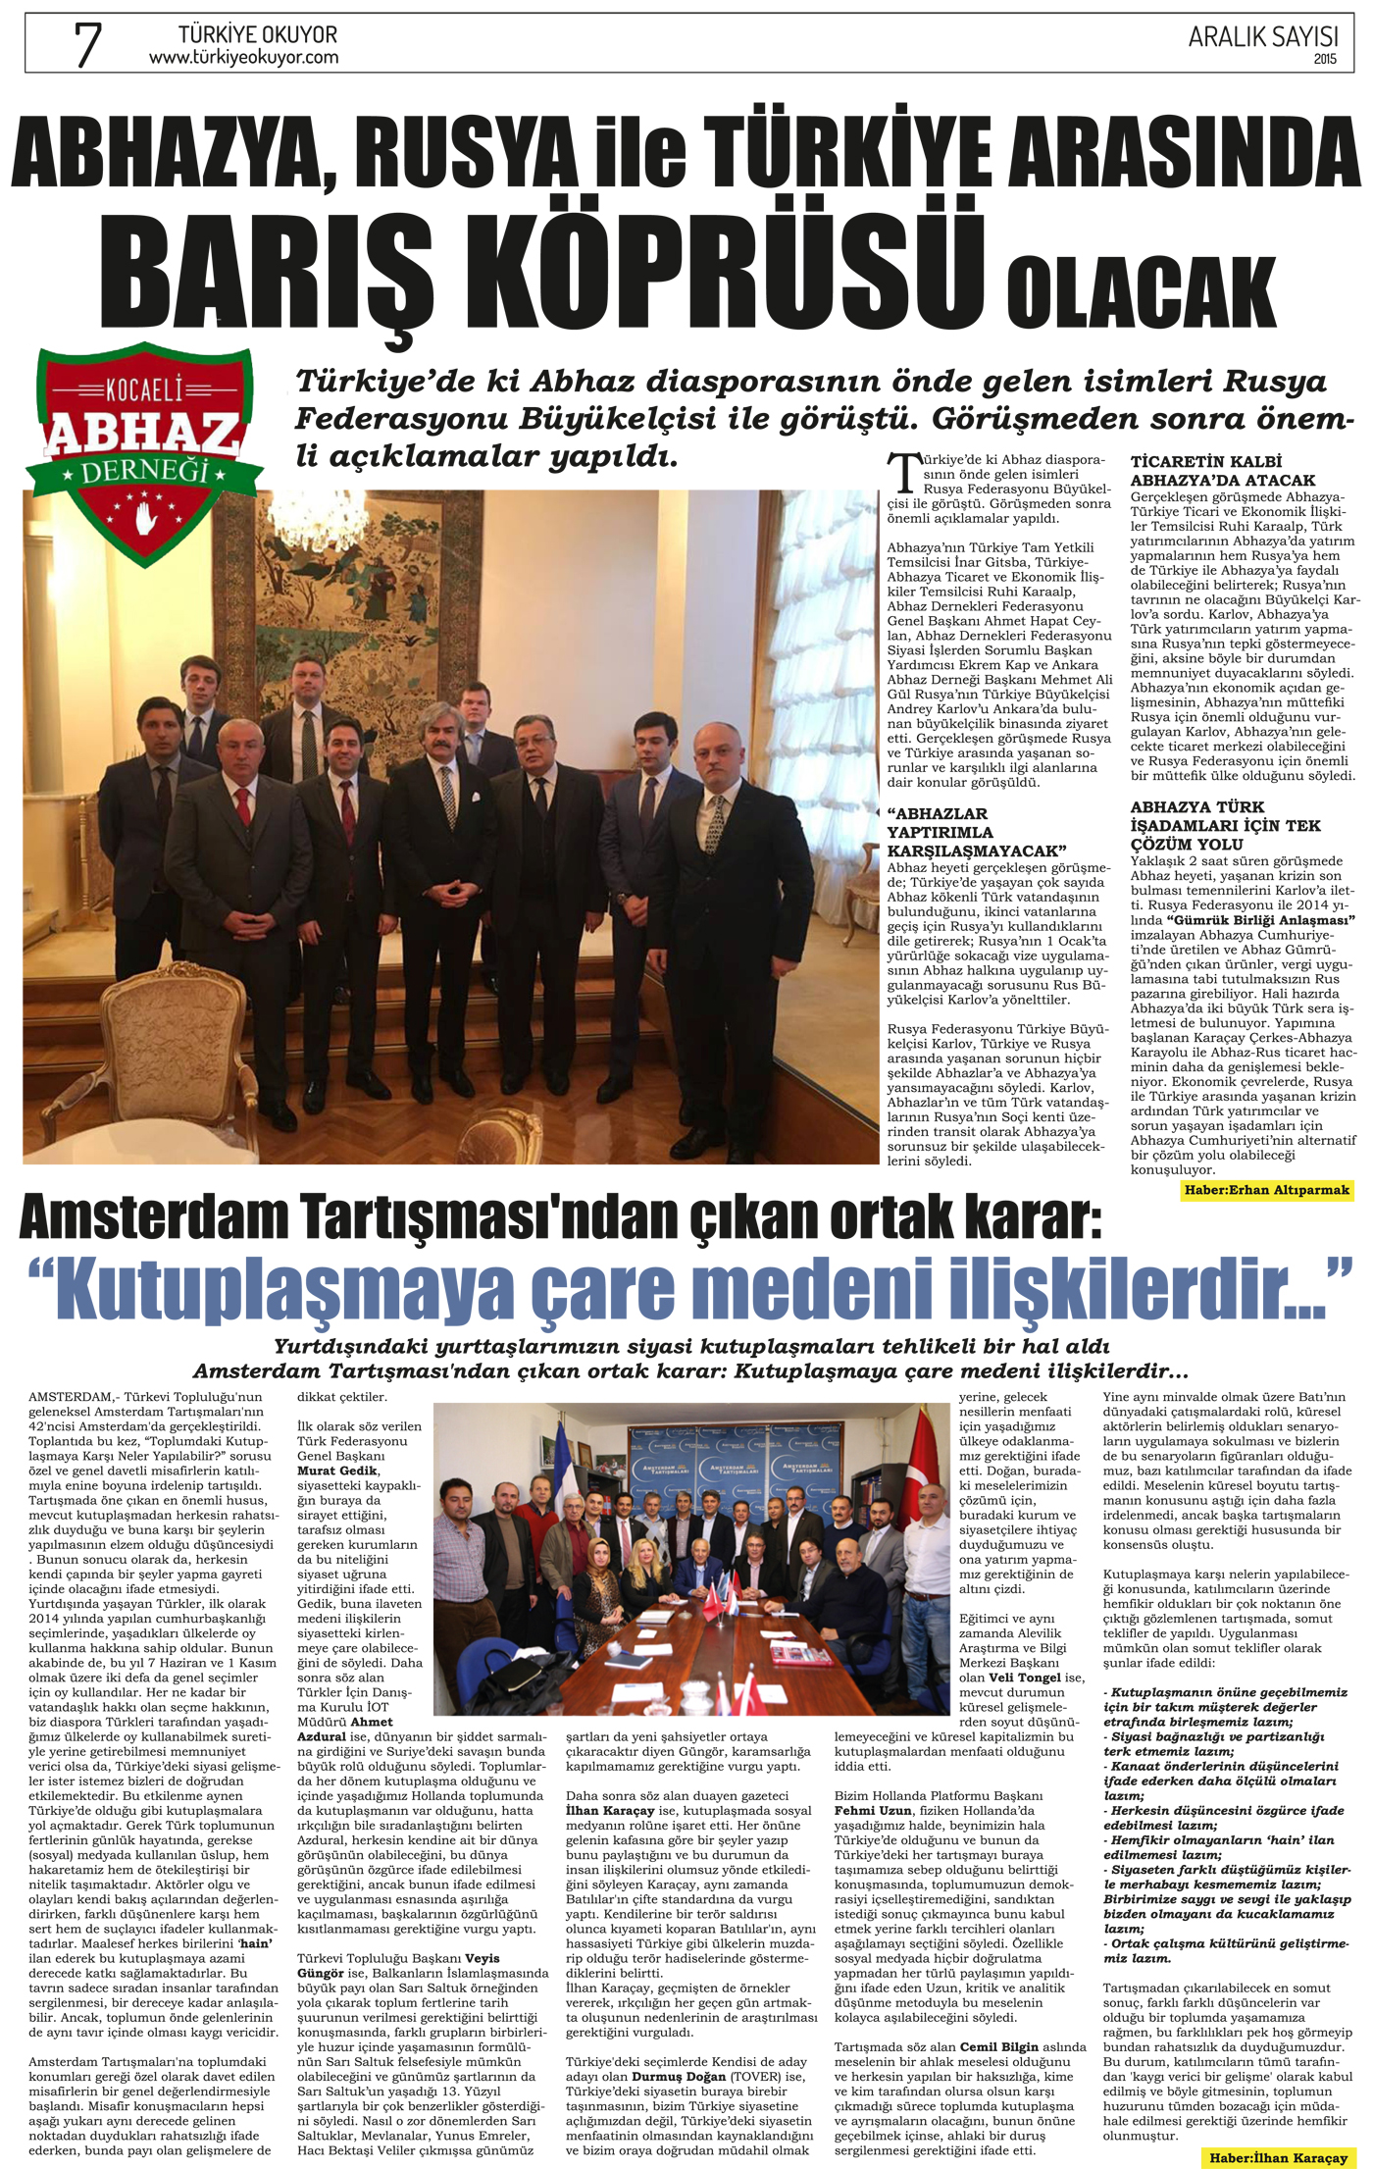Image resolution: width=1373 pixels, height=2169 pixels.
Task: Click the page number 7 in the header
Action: [x=88, y=44]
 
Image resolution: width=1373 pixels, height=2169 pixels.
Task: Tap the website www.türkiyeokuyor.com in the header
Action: [x=243, y=58]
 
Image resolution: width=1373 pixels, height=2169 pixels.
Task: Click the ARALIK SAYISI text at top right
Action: [x=1262, y=37]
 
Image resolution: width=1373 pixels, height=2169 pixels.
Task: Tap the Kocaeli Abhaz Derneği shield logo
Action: [x=145, y=450]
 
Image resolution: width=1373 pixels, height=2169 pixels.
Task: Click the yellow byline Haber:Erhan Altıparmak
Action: [x=1267, y=1190]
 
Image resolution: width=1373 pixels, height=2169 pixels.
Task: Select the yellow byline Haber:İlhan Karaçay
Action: [x=1278, y=2158]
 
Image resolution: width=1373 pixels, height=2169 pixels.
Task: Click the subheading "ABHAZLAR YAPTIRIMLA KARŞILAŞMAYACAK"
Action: [x=976, y=832]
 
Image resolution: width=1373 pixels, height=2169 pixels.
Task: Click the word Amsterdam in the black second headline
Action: [x=156, y=1217]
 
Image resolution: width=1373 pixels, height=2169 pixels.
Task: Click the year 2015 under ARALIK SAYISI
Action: [x=1325, y=59]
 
